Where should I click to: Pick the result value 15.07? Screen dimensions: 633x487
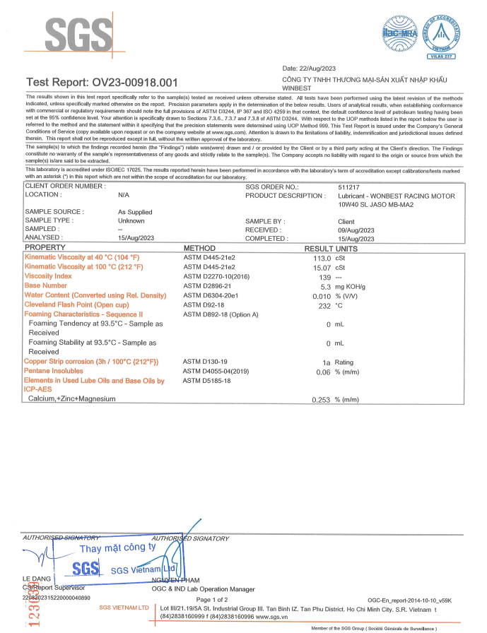tap(322, 267)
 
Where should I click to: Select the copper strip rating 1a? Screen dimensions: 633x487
tap(327, 362)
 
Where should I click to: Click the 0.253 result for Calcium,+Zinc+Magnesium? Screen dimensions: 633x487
tap(322, 399)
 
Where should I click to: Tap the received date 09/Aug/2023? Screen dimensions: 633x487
tap(358, 230)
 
